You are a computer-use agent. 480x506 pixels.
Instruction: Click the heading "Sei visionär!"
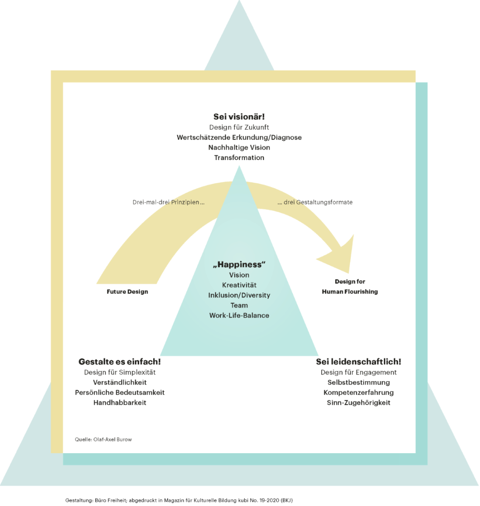(x=239, y=116)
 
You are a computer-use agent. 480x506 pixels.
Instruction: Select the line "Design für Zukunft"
(x=239, y=127)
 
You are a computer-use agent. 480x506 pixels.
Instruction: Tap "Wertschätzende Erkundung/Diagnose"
(x=239, y=137)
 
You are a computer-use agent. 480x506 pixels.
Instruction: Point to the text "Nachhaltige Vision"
(x=239, y=147)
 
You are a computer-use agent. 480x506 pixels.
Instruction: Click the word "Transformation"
(x=239, y=157)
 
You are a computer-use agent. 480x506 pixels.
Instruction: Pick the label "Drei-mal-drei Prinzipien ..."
(x=168, y=202)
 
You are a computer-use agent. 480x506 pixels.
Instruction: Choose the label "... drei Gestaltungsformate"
(x=315, y=202)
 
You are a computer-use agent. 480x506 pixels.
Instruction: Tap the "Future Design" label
(x=127, y=292)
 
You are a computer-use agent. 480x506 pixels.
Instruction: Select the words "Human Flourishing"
(x=350, y=292)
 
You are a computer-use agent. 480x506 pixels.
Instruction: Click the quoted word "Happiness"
(x=239, y=264)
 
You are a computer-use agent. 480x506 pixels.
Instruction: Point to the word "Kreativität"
(x=239, y=285)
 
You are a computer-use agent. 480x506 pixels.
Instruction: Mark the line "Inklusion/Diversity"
(x=239, y=295)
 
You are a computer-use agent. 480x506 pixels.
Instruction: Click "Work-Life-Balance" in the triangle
(x=239, y=315)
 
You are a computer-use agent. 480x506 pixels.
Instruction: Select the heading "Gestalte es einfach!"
(x=120, y=362)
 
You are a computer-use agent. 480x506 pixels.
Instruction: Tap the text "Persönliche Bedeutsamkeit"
(x=120, y=393)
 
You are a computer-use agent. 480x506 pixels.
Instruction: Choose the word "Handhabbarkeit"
(x=120, y=403)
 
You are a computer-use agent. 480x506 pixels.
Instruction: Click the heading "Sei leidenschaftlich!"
(x=359, y=362)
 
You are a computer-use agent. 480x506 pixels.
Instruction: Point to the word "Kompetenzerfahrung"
(x=359, y=393)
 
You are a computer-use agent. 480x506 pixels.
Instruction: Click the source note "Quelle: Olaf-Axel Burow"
(x=103, y=439)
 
